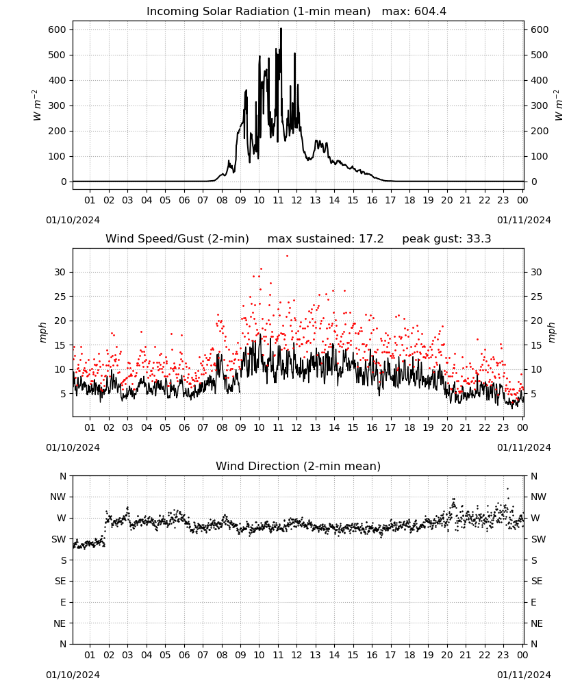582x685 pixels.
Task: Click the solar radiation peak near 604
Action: (281, 29)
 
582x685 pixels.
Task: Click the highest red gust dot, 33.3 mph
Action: (287, 256)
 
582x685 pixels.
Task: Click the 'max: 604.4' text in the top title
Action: (414, 12)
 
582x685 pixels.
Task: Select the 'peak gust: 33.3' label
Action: (446, 239)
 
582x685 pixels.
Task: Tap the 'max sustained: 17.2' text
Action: (325, 239)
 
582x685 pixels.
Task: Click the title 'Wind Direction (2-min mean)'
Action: (299, 466)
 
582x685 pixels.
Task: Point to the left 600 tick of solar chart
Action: (58, 29)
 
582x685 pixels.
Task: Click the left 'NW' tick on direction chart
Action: (58, 497)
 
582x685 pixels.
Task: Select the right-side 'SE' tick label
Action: (537, 581)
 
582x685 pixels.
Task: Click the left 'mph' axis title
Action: (42, 332)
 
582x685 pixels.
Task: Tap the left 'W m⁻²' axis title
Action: (37, 105)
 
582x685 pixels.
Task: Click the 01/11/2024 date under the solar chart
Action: (524, 220)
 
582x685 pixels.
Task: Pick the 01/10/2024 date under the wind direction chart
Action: (73, 675)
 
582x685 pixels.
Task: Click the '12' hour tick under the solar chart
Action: (296, 200)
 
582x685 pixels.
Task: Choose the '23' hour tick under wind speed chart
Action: (503, 427)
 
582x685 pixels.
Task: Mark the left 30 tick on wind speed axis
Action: (60, 272)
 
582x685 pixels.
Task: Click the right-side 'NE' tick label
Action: (537, 623)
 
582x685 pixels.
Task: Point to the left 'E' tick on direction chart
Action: (63, 602)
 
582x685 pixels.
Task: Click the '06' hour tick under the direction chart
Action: (184, 655)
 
